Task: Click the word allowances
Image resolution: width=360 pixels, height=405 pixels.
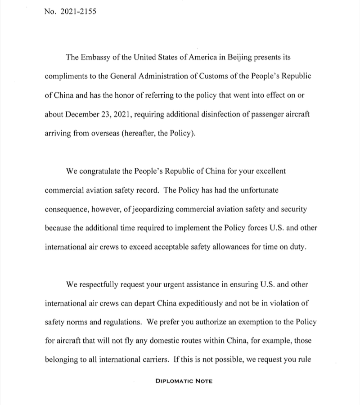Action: click(x=233, y=247)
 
